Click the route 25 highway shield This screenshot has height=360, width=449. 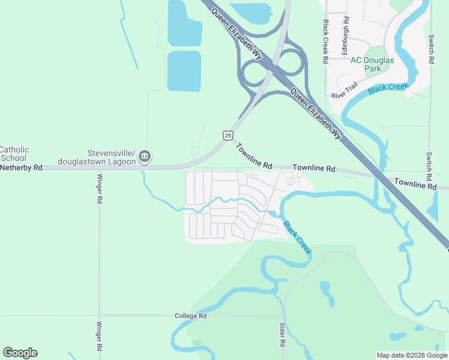point(228,136)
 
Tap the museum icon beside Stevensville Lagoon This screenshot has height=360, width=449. point(145,157)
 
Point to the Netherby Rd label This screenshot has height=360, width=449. point(21,168)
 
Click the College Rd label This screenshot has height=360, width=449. point(191,316)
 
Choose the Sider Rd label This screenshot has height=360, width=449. point(282,334)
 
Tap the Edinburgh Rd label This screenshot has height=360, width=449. point(345,37)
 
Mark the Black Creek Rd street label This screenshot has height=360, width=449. point(325,41)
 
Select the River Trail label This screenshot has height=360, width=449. point(345,91)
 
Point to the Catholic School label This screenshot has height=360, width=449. point(14,154)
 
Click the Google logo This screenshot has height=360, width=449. point(20,353)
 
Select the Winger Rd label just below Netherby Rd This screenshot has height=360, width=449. point(100,190)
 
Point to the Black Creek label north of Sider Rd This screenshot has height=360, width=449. point(297,238)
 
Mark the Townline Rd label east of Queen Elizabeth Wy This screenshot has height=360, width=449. point(415,185)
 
